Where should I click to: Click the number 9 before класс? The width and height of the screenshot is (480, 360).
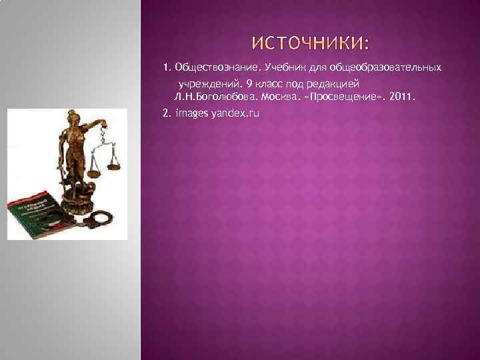[x=248, y=85]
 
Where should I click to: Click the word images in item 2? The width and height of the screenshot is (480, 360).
[x=190, y=113]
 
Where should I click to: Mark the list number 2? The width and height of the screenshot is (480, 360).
[x=167, y=113]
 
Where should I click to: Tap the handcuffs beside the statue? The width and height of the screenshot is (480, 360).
[x=98, y=217]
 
